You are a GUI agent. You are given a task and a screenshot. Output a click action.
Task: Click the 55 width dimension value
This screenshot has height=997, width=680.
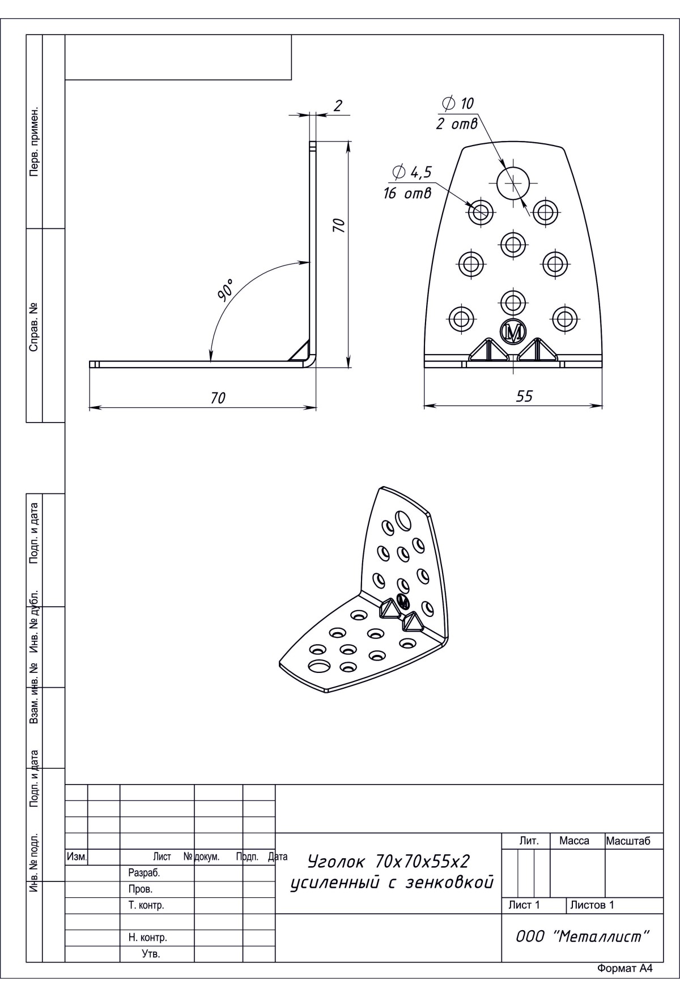point(525,396)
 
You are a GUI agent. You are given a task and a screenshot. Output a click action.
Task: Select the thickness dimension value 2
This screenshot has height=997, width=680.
point(338,105)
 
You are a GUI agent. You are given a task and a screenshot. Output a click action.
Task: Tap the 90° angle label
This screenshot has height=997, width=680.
point(225,289)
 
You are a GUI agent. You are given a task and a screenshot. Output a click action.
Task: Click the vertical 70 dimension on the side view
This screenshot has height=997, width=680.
point(338,225)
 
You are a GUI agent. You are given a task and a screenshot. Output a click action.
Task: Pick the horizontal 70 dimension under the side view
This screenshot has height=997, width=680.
point(218,398)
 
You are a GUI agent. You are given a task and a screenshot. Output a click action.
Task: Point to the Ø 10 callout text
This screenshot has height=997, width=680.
point(457,103)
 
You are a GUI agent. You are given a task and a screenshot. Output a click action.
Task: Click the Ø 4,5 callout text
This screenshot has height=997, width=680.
point(412,172)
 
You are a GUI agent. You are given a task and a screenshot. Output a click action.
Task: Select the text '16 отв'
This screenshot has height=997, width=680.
point(407,194)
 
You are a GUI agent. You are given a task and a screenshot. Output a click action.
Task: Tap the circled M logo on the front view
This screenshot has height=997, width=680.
point(513,331)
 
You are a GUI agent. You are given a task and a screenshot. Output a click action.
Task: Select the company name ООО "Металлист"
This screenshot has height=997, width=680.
point(582,936)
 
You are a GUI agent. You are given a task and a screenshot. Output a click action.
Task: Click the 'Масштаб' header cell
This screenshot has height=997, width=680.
point(628,841)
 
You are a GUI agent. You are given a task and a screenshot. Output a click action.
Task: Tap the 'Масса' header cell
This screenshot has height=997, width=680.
point(574,841)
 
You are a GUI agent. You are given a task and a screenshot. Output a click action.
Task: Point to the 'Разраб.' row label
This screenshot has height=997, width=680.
point(144,873)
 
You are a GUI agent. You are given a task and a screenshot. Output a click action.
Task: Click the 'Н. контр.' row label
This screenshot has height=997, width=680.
point(148,938)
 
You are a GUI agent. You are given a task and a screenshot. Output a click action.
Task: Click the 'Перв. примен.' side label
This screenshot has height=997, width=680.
point(34,140)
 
